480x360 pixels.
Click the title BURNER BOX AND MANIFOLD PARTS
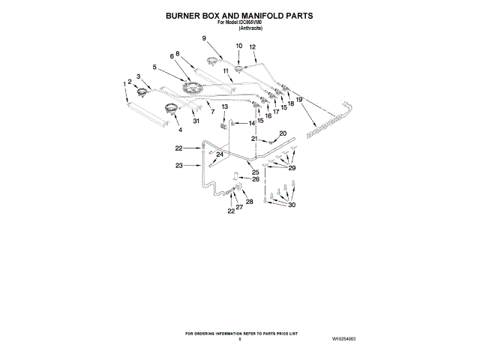click(x=239, y=15)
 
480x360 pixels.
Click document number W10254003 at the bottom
click(x=339, y=340)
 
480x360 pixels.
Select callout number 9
click(x=203, y=38)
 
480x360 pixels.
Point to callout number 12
click(x=253, y=47)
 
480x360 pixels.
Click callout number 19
click(x=298, y=100)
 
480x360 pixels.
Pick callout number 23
click(x=178, y=165)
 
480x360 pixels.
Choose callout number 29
click(x=292, y=168)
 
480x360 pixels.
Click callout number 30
click(x=292, y=205)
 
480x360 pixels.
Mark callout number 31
click(x=196, y=121)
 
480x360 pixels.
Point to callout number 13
click(x=224, y=107)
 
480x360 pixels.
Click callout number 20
click(x=283, y=133)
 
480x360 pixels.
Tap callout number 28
click(x=250, y=202)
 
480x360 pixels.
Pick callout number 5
click(x=154, y=67)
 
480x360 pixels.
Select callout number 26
click(x=256, y=179)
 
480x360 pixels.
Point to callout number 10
click(x=239, y=46)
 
